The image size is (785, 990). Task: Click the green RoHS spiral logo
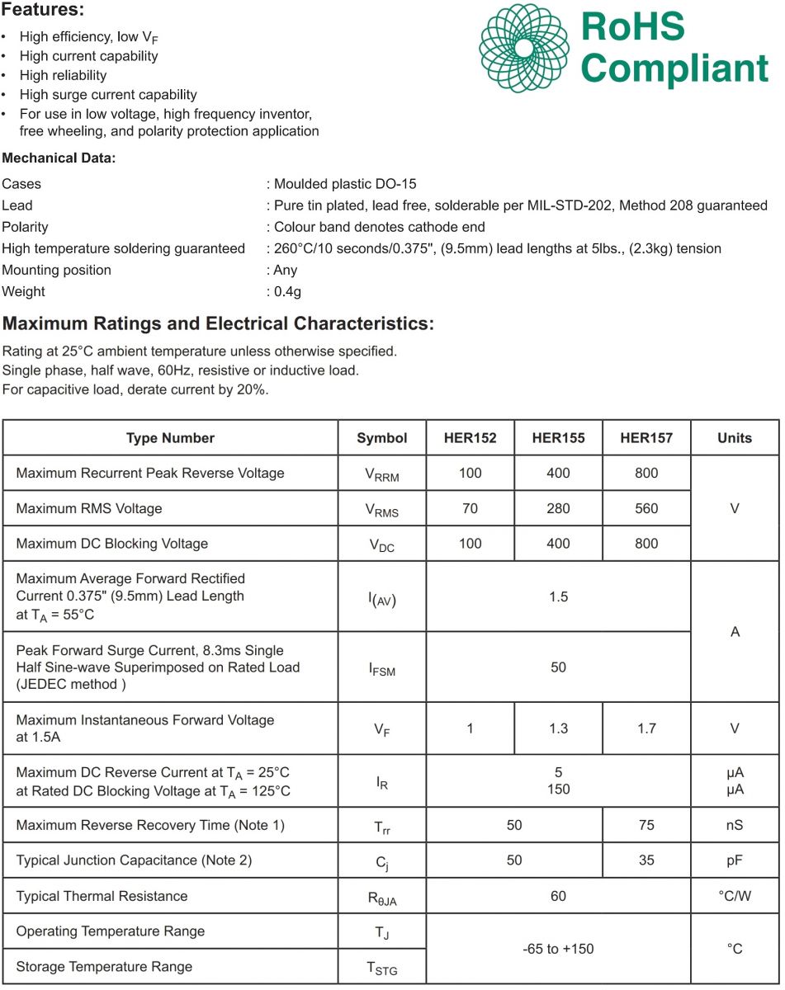[x=524, y=48]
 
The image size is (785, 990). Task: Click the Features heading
[x=43, y=12]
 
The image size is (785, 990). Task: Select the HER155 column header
[x=558, y=438]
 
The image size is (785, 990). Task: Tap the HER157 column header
[x=646, y=438]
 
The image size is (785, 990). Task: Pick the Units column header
[x=735, y=438]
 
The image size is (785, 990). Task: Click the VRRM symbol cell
[x=382, y=474]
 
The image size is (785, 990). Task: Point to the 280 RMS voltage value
[x=558, y=508]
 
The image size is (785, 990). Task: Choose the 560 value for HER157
[x=646, y=508]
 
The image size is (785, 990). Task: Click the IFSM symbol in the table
[x=382, y=668]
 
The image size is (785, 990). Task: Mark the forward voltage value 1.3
[x=558, y=728]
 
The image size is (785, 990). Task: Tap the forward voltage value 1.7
[x=646, y=728]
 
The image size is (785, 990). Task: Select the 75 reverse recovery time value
[x=646, y=825]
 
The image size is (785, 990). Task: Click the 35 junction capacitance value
[x=646, y=860]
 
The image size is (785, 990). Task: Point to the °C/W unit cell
[x=735, y=896]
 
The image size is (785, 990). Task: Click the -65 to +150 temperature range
[x=558, y=949]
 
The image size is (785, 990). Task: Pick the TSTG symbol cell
[x=382, y=969]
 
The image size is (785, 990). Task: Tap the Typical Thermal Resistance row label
[x=102, y=896]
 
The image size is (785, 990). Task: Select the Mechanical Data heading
[x=59, y=158]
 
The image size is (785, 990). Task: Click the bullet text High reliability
[x=64, y=75]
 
